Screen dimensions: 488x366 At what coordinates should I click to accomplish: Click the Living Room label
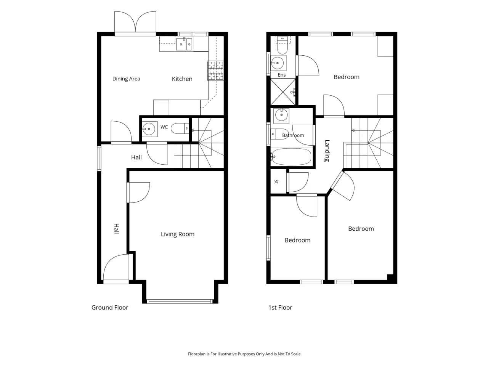[177, 234]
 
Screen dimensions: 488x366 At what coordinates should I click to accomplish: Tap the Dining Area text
[126, 79]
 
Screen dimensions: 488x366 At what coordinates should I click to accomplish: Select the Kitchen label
[182, 79]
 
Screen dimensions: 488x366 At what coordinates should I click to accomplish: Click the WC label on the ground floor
[164, 127]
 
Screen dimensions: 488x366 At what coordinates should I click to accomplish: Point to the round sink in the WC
[149, 129]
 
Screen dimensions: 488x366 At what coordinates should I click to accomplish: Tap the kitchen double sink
[184, 44]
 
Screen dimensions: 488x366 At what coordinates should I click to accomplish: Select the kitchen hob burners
[215, 71]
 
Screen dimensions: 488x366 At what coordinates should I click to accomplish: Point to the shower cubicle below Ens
[283, 92]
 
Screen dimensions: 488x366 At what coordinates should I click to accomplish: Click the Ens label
[281, 75]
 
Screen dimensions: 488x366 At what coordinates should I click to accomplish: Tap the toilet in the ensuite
[283, 45]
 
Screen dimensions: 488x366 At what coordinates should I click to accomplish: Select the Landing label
[327, 151]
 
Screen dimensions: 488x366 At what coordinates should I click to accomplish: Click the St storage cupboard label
[276, 181]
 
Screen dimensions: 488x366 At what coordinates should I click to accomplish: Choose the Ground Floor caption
[110, 308]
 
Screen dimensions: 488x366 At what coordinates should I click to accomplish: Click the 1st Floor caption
[280, 308]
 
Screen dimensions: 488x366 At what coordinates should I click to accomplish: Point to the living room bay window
[180, 302]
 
